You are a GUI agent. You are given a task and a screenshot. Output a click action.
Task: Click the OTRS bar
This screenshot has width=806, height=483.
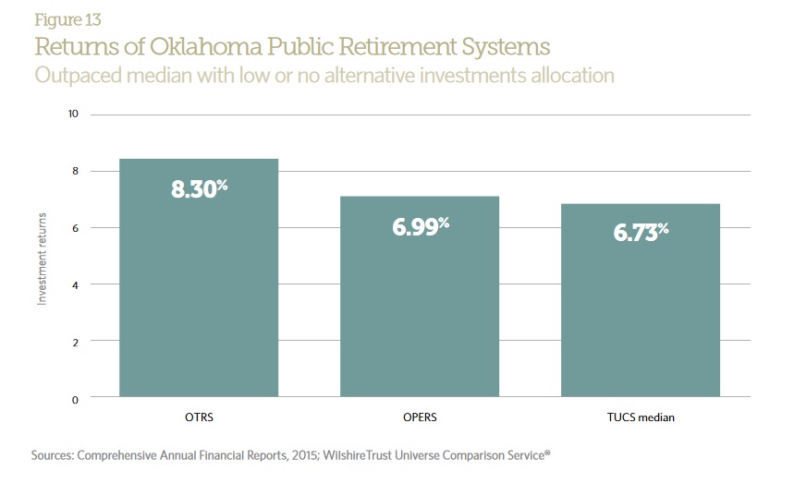click(x=199, y=277)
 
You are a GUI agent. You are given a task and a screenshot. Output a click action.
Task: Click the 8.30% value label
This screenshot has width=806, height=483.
click(x=199, y=189)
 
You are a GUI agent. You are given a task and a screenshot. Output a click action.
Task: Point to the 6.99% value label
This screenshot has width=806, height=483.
click(x=421, y=225)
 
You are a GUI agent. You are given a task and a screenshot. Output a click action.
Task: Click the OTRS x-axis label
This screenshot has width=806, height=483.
click(x=199, y=417)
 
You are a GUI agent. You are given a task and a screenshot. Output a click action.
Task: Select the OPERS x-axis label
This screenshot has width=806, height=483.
click(x=420, y=417)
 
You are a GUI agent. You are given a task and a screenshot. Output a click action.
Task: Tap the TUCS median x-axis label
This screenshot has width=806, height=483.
click(x=640, y=417)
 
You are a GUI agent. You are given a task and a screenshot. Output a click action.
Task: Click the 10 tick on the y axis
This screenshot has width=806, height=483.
click(x=72, y=115)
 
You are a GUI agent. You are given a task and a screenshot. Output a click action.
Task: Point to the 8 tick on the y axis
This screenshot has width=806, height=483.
click(x=75, y=172)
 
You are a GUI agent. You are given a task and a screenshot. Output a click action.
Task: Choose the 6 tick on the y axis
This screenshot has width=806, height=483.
click(x=75, y=228)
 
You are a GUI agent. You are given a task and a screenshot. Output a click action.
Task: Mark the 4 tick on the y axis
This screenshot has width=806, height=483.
click(x=75, y=284)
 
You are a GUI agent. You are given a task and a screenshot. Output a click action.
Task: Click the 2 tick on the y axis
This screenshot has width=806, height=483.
click(x=75, y=342)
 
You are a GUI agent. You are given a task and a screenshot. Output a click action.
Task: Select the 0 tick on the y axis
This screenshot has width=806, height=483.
click(x=75, y=399)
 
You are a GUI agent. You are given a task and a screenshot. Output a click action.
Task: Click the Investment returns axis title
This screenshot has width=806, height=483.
click(x=42, y=257)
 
